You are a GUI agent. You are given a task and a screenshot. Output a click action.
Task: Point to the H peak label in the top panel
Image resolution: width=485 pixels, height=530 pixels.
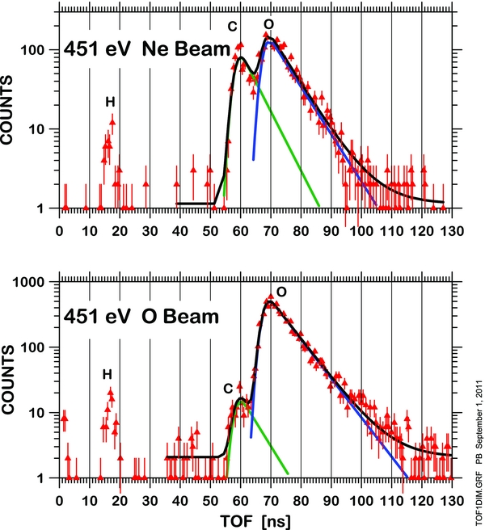[x=110, y=102]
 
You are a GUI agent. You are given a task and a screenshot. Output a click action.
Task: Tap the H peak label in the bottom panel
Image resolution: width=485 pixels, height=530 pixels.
[x=107, y=374]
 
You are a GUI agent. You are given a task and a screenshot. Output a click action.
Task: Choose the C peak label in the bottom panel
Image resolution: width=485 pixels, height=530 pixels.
[x=230, y=389]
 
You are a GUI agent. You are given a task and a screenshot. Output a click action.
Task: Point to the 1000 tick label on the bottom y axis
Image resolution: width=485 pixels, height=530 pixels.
[x=35, y=282]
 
